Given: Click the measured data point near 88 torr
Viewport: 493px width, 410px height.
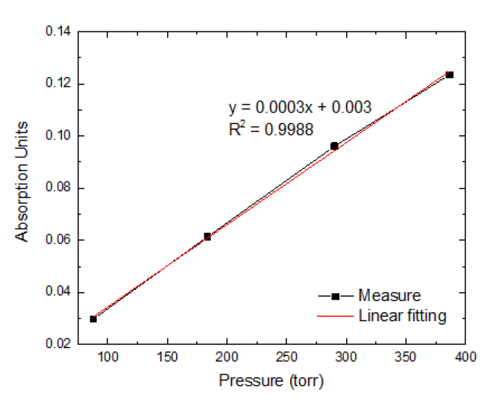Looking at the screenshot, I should pyautogui.click(x=93, y=319).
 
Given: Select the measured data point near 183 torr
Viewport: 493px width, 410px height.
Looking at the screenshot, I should pyautogui.click(x=207, y=236).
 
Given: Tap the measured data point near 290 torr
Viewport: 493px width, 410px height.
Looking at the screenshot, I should pyautogui.click(x=334, y=146).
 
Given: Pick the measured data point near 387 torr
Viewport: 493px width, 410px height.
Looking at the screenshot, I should pyautogui.click(x=450, y=75).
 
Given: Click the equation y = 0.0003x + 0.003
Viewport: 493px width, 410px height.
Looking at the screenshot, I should pyautogui.click(x=299, y=108).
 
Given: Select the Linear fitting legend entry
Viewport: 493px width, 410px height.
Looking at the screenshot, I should pyautogui.click(x=402, y=316).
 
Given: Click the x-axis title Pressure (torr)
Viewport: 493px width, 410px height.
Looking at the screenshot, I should pyautogui.click(x=271, y=380).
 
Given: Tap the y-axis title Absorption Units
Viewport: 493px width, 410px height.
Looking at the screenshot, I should pyautogui.click(x=23, y=181).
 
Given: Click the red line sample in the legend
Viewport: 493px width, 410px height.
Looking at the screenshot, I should pyautogui.click(x=335, y=316).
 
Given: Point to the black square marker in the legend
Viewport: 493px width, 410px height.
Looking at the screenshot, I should pyautogui.click(x=336, y=296).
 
